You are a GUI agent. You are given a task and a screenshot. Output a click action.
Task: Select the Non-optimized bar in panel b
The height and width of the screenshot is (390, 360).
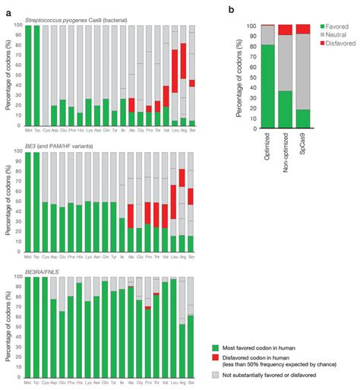point(285,76)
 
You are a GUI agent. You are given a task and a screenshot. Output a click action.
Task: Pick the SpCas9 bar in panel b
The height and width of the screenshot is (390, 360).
point(302,76)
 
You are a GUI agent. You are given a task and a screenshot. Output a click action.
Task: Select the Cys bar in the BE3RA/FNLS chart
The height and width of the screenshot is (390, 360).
point(45,328)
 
